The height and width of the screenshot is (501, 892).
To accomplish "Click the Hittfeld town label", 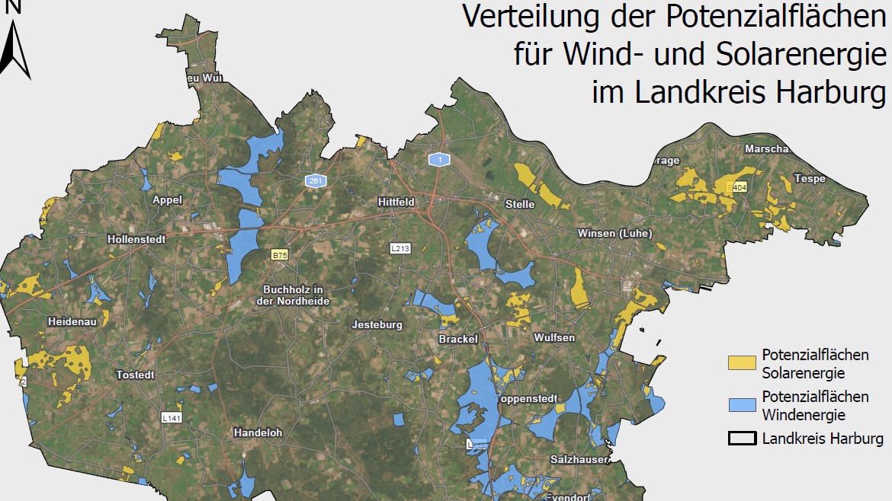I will point(396,202).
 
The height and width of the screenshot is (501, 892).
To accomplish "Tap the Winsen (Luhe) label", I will point(614,233).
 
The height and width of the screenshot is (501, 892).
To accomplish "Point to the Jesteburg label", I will point(377,325).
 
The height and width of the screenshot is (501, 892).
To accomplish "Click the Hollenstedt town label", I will point(136,238).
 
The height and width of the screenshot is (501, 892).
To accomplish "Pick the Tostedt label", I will point(135,375).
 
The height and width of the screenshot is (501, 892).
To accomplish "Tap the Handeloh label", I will point(258,432).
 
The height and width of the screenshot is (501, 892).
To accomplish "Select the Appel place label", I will point(168,200).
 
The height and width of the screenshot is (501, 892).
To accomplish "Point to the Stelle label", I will point(520,204).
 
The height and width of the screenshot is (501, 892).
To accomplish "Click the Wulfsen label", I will point(554,337).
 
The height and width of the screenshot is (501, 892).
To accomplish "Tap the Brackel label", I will point(458,339).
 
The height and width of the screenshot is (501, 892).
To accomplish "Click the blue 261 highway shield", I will point(315,180).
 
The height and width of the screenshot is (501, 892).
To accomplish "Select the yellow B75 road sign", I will point(280,255).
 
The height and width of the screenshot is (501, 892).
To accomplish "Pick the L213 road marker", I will point(399,248).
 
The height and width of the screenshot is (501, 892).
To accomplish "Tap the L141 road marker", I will point(172,417).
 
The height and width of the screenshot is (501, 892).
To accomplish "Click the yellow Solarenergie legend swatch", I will point(742,364).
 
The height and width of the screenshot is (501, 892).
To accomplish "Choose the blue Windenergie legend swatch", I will point(742,406).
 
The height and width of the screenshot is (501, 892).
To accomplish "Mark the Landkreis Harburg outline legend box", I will point(742,439).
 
